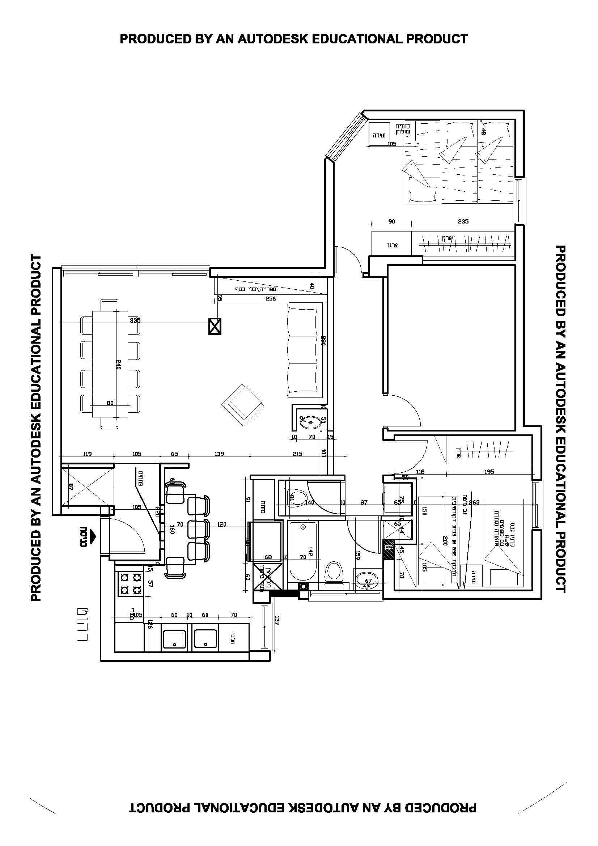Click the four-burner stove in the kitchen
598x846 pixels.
pos(131,584)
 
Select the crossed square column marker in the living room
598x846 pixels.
pos(215,327)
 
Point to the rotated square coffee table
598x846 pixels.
pos(242,405)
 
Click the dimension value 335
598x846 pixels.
pos(135,320)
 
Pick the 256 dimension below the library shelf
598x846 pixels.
pos(271,298)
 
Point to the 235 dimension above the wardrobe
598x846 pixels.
pos(463,221)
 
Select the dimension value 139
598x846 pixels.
pos(219,454)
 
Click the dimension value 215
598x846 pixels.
pos(297,454)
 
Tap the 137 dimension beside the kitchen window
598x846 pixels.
pos(277,621)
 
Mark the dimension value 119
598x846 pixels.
pos(87,454)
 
